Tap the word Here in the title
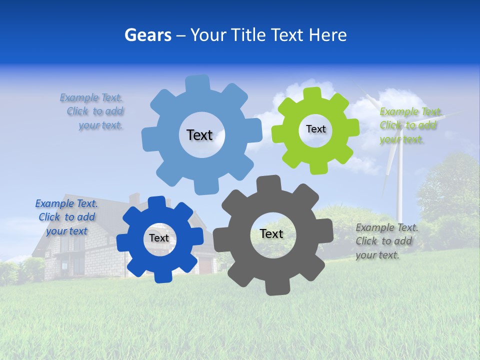pyautogui.click(x=327, y=35)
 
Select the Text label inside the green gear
pyautogui.click(x=315, y=129)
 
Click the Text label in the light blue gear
pyautogui.click(x=199, y=135)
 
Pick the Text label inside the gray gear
pyautogui.click(x=271, y=233)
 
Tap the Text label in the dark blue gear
pyautogui.click(x=159, y=238)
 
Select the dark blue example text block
pyautogui.click(x=66, y=217)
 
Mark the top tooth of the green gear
pyautogui.click(x=312, y=93)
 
